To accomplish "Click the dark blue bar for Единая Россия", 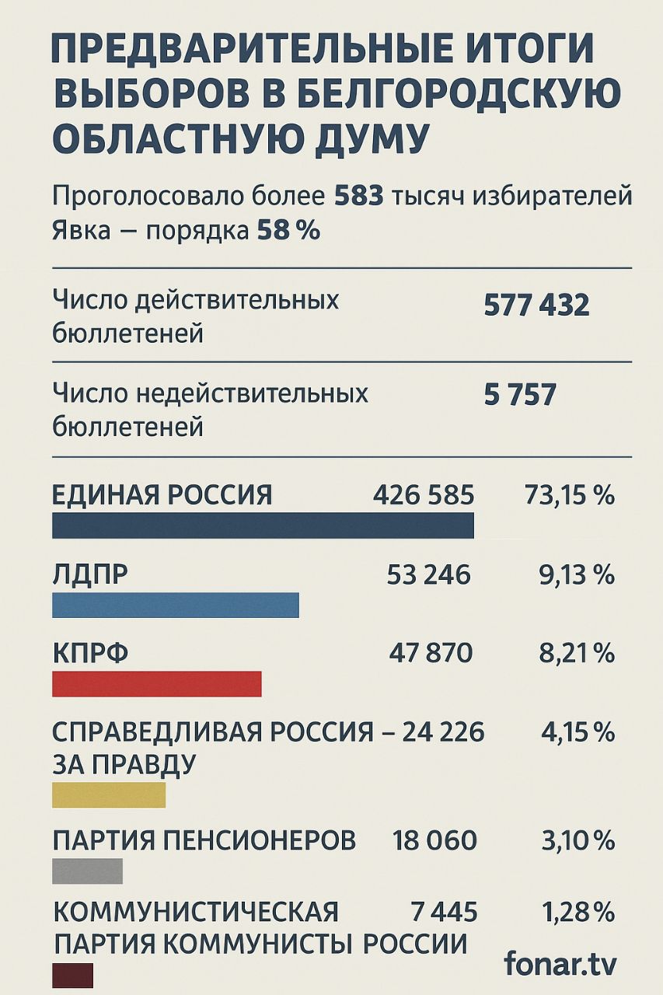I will tap(263, 525).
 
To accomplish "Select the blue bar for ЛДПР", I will tap(176, 605).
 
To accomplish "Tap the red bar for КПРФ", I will tap(157, 683).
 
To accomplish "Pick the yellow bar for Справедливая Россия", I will tap(109, 794).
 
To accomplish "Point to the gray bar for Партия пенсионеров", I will tap(87, 871).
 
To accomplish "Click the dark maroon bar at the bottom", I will tap(72, 975).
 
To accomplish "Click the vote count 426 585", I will tap(424, 494).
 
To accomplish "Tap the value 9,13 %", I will tap(576, 574).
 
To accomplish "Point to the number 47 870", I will tap(430, 653).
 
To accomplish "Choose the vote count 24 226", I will tap(443, 731).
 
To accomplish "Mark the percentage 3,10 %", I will tap(576, 840).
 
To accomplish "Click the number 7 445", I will tap(444, 911).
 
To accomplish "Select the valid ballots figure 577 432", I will tap(536, 305).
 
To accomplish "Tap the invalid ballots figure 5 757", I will tap(520, 395).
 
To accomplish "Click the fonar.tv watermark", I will tap(560, 964).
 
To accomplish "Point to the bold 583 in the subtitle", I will tap(359, 196).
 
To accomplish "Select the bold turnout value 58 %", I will tap(288, 231).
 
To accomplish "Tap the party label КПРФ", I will tap(90, 654).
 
